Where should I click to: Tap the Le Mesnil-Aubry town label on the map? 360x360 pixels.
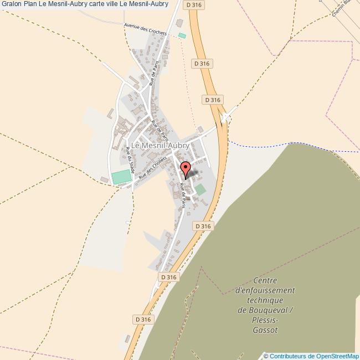tap(160, 146)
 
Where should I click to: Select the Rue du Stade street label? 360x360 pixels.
tap(130, 161)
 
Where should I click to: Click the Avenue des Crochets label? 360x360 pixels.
tap(145, 29)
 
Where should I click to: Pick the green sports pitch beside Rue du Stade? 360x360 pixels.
tap(121, 177)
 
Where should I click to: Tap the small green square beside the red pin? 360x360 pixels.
tap(200, 189)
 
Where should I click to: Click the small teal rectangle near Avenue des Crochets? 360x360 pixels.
tap(182, 36)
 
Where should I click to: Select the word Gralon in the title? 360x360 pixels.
tap(12, 4)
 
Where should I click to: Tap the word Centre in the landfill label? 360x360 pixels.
tap(265, 280)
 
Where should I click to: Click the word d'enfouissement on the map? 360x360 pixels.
tap(265, 290)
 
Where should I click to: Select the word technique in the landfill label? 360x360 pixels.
tap(265, 300)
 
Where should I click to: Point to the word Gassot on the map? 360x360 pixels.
tap(265, 330)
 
